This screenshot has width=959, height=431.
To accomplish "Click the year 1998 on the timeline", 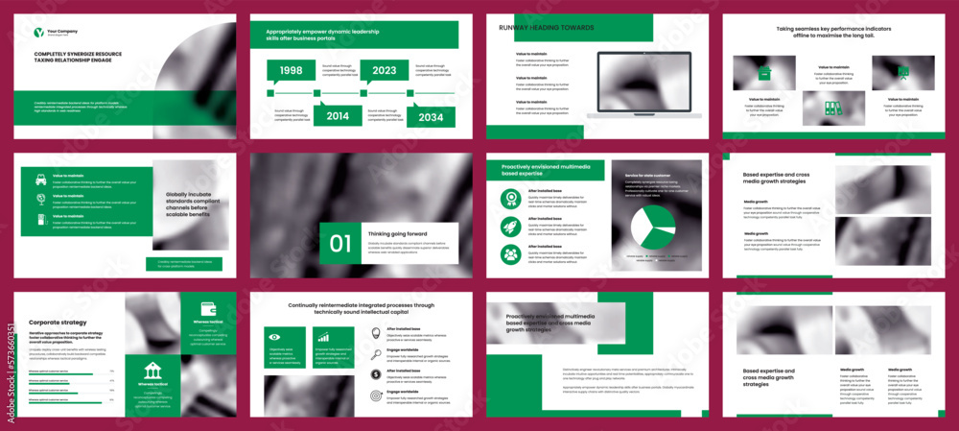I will (x=291, y=70).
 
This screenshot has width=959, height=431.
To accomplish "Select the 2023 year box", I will (x=385, y=70).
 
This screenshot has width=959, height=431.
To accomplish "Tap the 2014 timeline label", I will (x=337, y=115).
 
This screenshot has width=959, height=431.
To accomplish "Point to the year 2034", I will (x=431, y=116).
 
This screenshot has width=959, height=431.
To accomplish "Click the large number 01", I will (x=340, y=244).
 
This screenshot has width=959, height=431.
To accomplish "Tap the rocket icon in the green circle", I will (x=511, y=227).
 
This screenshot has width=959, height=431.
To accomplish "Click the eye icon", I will (x=274, y=337).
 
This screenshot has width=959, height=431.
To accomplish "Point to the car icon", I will (x=41, y=179).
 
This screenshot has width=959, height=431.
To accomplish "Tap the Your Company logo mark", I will (x=38, y=33).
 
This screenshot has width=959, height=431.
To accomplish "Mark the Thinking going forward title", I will (x=396, y=233).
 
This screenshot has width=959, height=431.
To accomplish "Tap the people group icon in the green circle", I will (x=511, y=254).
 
